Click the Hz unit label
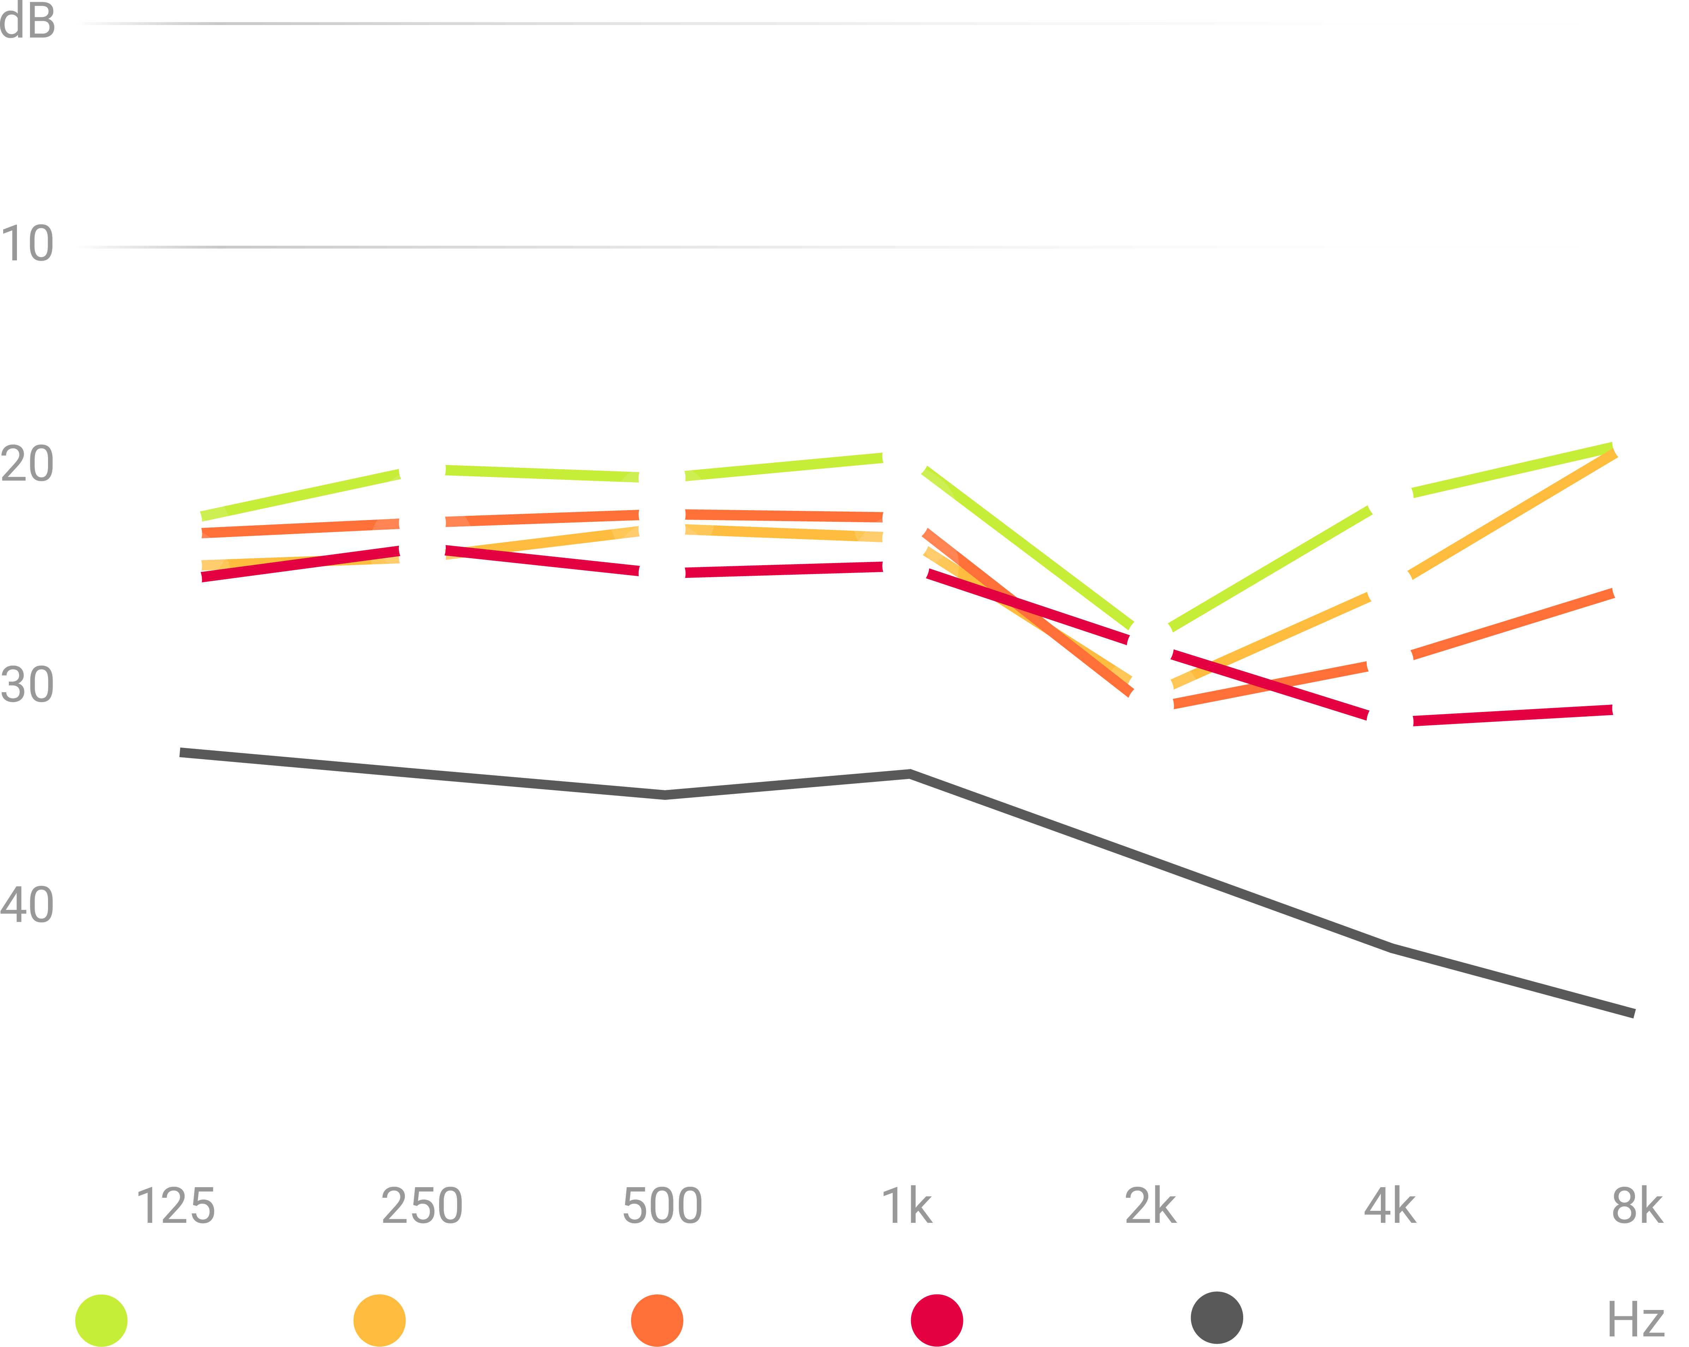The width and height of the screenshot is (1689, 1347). point(1636,1319)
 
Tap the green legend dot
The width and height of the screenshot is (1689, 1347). point(101,1321)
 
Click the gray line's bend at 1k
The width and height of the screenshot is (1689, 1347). point(910,774)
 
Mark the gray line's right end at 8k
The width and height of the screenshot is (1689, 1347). point(1633,1013)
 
